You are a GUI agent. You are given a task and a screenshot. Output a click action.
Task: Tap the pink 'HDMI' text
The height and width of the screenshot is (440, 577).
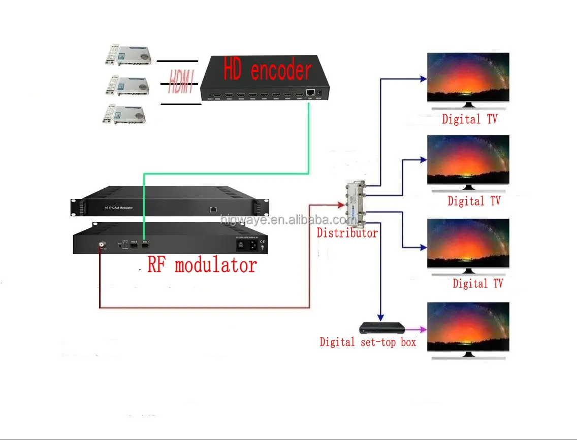(x=181, y=82)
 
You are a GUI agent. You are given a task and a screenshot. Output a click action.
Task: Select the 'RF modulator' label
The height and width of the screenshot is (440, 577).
(x=202, y=265)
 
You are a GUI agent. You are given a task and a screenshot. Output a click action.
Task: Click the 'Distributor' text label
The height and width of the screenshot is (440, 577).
(x=347, y=233)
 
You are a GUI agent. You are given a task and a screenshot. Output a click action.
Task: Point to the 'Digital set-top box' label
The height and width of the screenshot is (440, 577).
(x=368, y=342)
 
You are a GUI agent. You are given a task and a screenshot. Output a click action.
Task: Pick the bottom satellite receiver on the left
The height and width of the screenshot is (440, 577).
(x=125, y=114)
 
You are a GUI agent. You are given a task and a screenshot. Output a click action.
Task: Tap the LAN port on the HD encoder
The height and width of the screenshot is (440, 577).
(x=309, y=93)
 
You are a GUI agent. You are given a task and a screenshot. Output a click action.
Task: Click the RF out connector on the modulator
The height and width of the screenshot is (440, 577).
(x=102, y=244)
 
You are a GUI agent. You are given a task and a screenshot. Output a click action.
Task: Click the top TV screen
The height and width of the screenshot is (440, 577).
(x=468, y=77)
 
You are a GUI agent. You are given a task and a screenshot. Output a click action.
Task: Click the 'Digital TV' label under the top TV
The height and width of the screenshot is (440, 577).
(x=469, y=119)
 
